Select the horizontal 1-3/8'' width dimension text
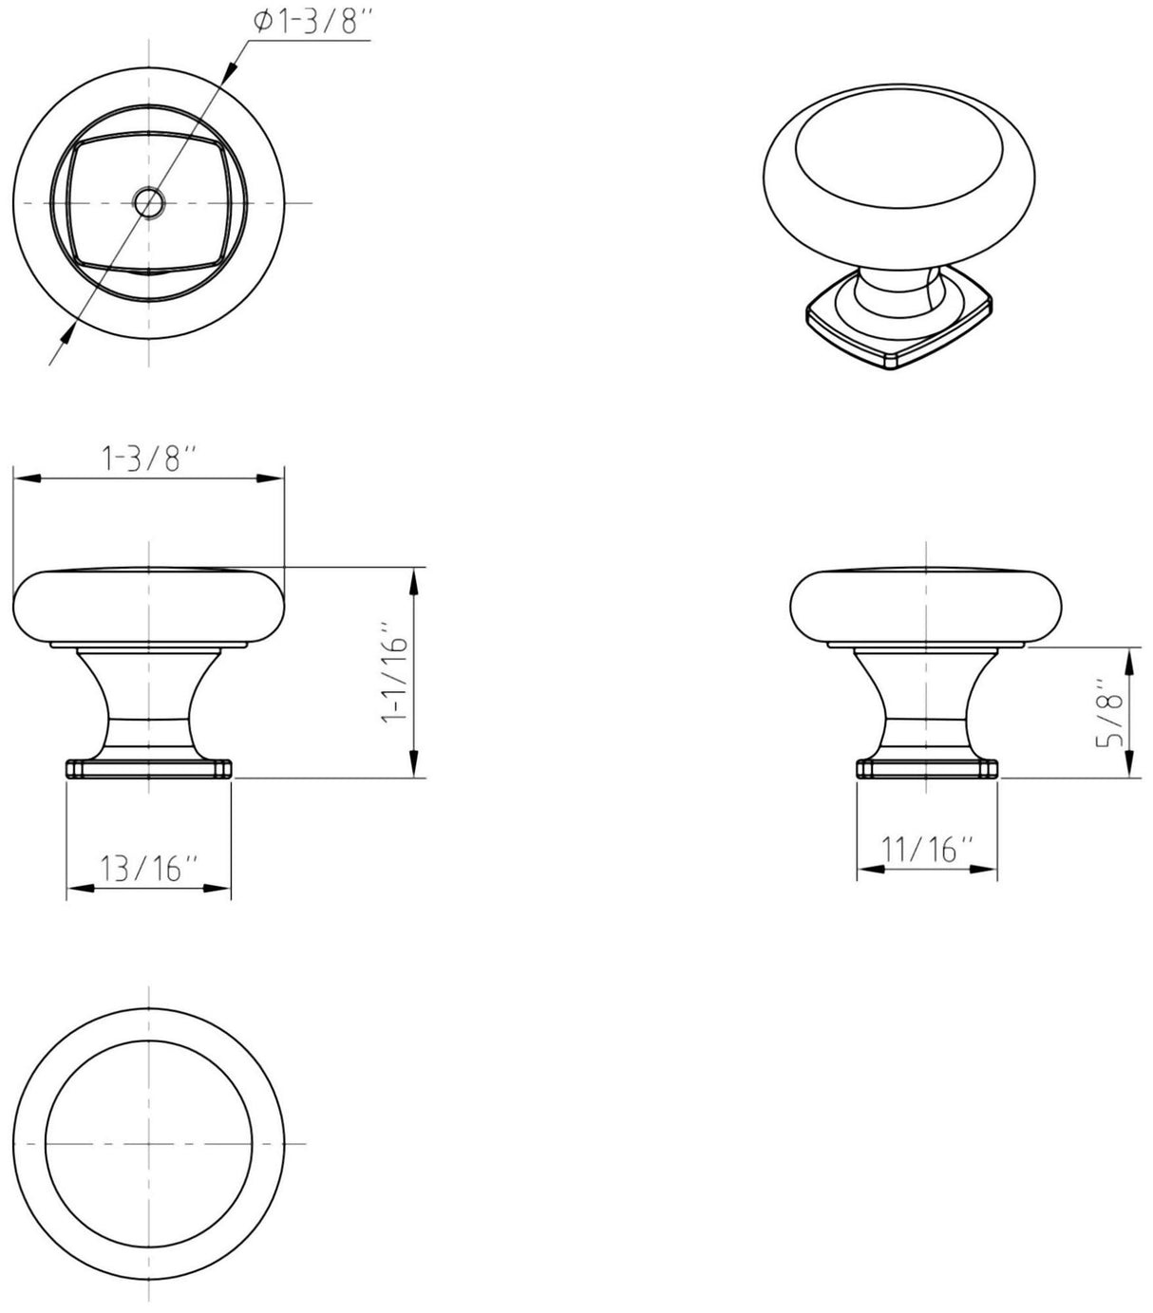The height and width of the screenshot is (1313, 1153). tap(149, 460)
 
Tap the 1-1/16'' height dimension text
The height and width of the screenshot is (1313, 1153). tap(393, 673)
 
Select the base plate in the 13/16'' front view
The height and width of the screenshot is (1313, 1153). tap(149, 768)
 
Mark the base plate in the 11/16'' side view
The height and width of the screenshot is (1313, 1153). tap(927, 768)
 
